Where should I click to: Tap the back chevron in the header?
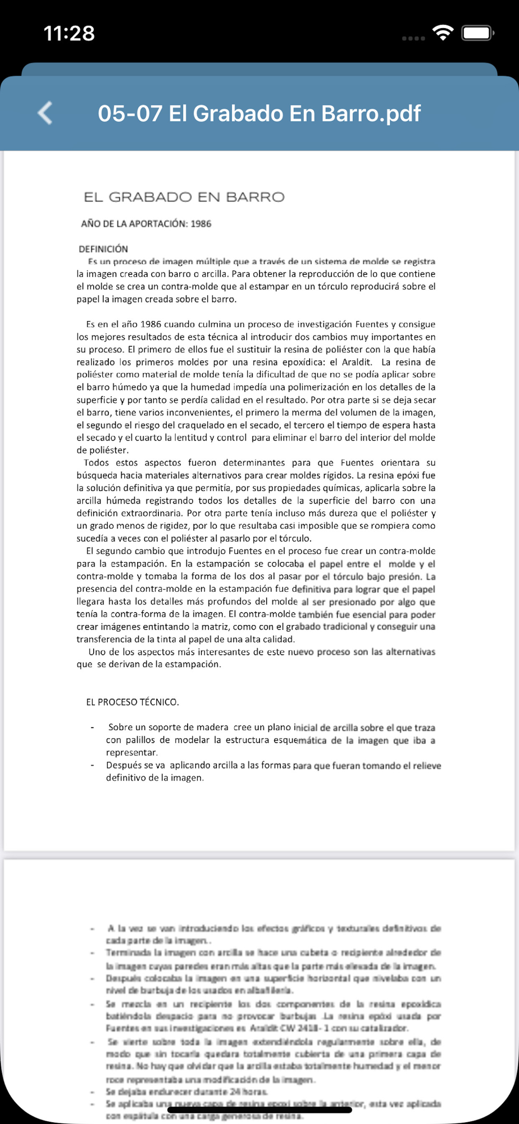coord(45,113)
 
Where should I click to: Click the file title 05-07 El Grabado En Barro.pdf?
coord(259,114)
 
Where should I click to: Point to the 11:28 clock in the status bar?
coord(69,33)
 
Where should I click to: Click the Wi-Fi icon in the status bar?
coord(444,33)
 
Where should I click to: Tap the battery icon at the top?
coord(477,33)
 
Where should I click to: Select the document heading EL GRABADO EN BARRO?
coord(184,197)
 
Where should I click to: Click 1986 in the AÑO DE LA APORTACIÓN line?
coord(201,224)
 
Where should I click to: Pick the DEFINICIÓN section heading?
coord(103,249)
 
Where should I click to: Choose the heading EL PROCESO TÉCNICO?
coord(133,702)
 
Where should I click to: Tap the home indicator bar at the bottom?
coord(259,1110)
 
